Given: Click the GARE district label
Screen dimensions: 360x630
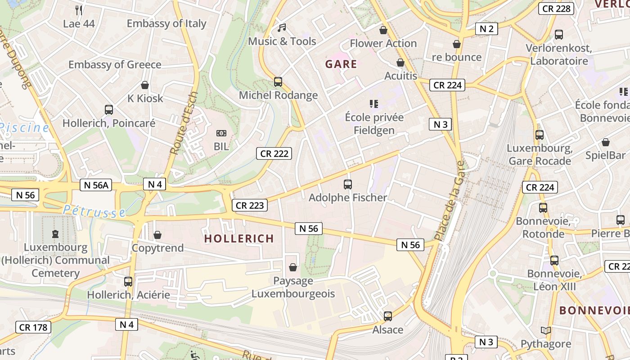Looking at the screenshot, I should [x=341, y=64].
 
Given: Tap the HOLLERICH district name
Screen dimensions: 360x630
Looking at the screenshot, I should [x=239, y=238].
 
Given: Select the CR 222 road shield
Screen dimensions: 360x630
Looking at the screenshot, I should [x=274, y=153].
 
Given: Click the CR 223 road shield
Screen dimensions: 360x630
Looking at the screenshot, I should [x=250, y=205].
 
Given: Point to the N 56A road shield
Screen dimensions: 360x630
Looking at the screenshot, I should [x=96, y=184].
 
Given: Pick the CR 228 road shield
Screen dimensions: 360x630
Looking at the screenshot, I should [x=556, y=8].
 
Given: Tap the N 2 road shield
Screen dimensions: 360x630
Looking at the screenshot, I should [x=486, y=29].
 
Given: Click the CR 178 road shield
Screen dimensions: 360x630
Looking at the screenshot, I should [x=33, y=327].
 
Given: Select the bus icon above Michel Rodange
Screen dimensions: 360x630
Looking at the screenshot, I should [x=278, y=82].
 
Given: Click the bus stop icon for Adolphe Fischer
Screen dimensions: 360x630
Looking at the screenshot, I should [x=347, y=184].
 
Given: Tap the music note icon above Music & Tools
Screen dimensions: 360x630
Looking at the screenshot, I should [x=282, y=28].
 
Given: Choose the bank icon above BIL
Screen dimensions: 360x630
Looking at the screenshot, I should [x=221, y=133].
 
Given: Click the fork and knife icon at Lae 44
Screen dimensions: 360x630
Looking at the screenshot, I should [x=79, y=10].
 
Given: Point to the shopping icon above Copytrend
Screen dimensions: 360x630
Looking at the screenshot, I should [x=157, y=235].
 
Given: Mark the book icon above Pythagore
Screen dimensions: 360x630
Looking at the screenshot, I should [x=546, y=331].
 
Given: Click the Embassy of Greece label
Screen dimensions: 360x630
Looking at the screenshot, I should [x=115, y=64].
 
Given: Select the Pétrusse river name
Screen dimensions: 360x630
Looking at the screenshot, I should [x=94, y=211].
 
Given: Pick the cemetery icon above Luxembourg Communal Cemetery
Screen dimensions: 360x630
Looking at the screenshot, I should [x=55, y=234].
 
